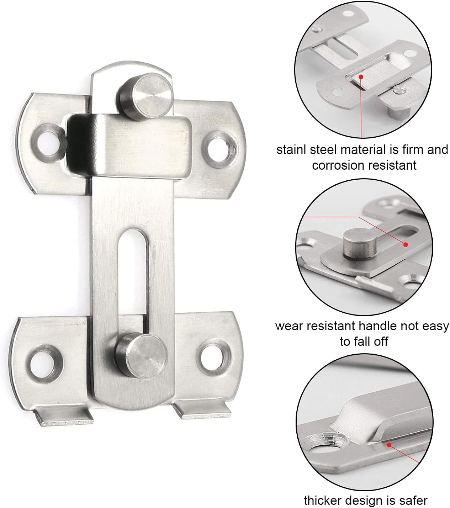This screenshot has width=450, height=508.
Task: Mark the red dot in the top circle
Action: pyautogui.click(x=361, y=76)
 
